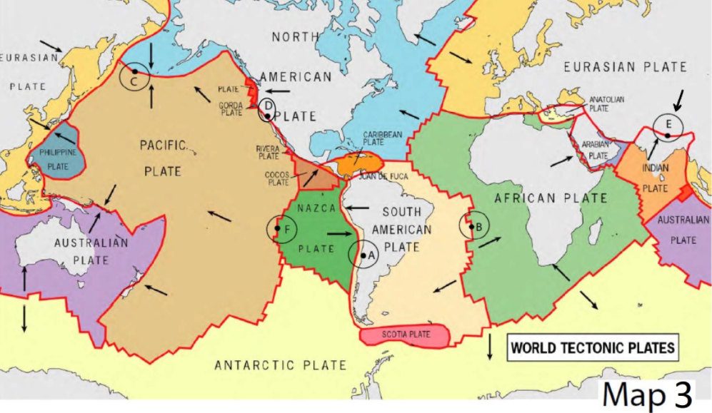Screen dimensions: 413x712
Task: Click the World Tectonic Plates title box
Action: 592,348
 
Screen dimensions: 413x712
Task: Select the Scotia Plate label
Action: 405,335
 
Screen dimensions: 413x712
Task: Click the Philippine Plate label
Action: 57,158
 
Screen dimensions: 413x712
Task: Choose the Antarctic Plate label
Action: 281,365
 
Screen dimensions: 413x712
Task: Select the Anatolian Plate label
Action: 606,104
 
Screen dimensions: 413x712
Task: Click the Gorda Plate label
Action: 231,108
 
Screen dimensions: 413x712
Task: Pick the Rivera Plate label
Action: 268,152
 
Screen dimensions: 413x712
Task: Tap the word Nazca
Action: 316,208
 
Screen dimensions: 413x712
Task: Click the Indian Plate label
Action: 655,178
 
